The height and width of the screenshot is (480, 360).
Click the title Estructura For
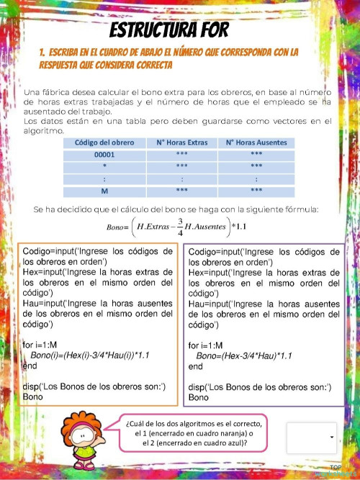click(169, 30)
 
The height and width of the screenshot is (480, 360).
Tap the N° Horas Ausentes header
click(256, 142)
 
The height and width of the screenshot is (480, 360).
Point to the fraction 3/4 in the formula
click(180, 226)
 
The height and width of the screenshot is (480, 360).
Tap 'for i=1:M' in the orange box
click(44, 345)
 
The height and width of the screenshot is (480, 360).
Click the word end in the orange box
click(30, 366)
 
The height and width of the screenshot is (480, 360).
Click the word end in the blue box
click(195, 366)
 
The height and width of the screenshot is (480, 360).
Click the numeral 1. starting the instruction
click(43, 53)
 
